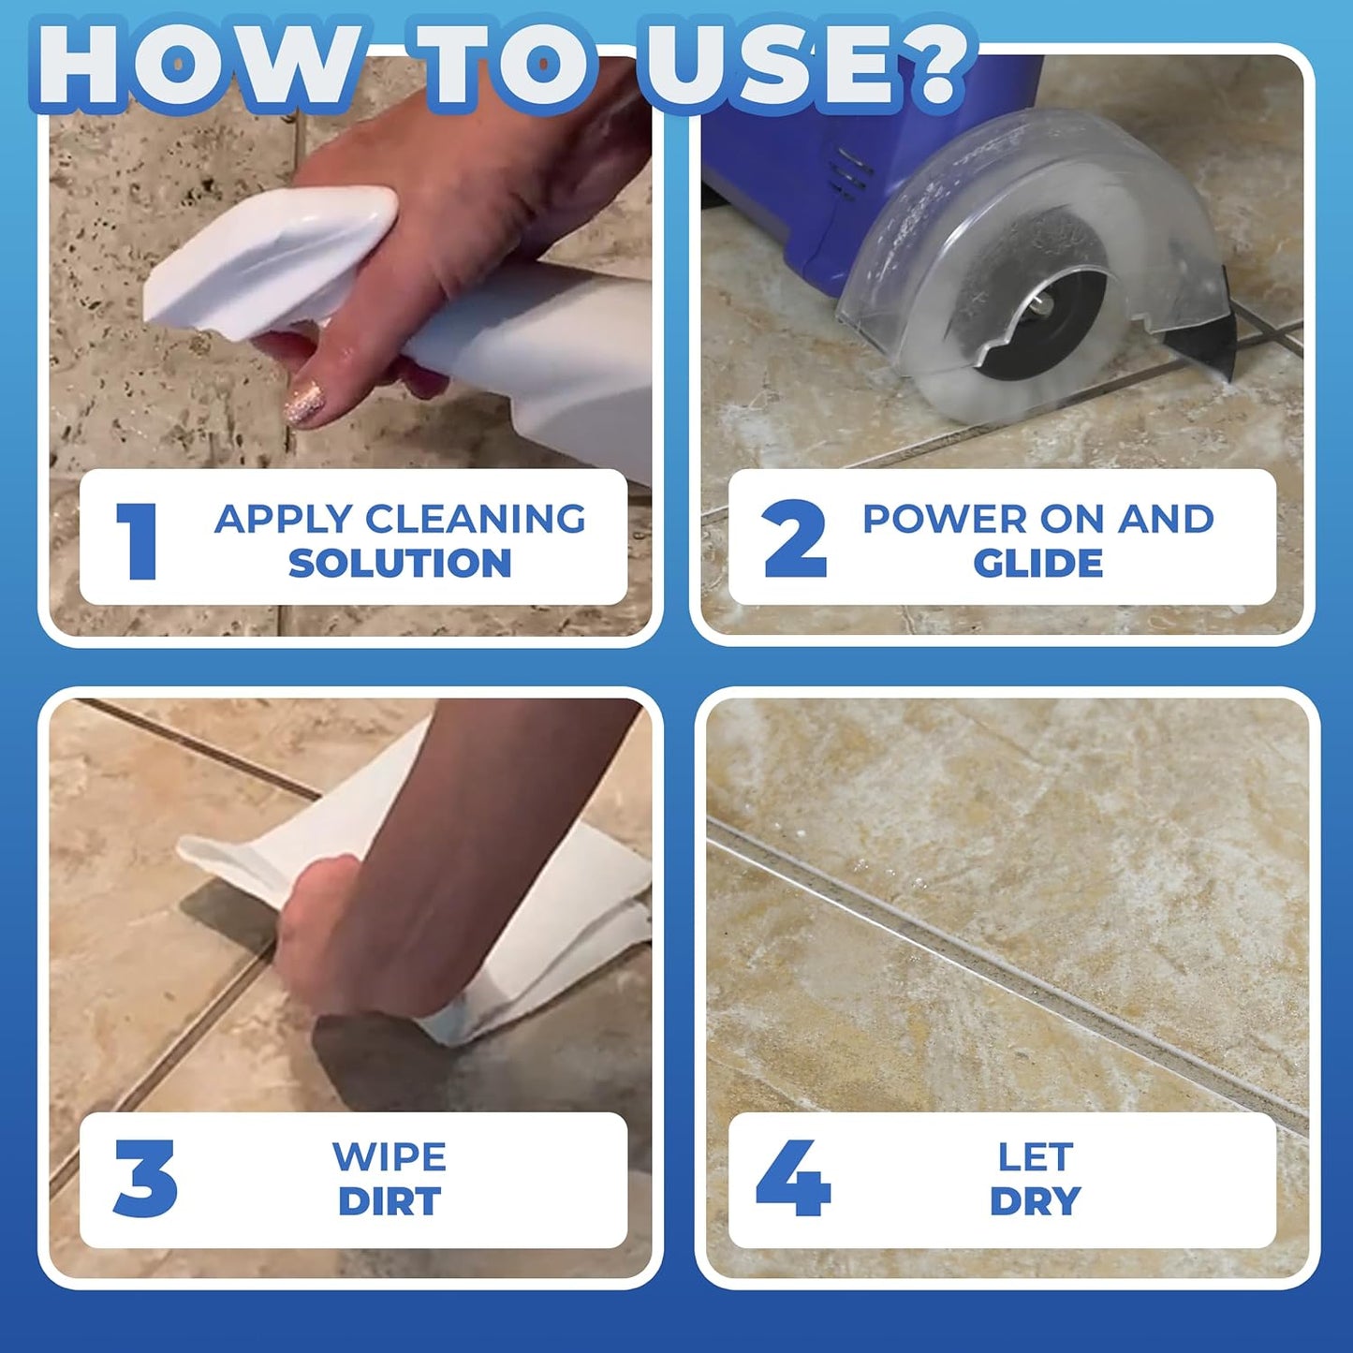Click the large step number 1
coord(138,540)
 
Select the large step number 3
coord(145,1178)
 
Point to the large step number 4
coord(793,1178)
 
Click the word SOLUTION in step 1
coord(400,563)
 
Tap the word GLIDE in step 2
coord(1037,563)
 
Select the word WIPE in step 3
coord(390,1157)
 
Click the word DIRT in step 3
coord(390,1201)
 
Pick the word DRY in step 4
coord(1036,1201)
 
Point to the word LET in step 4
coord(1036,1157)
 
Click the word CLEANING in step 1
coord(475,519)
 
